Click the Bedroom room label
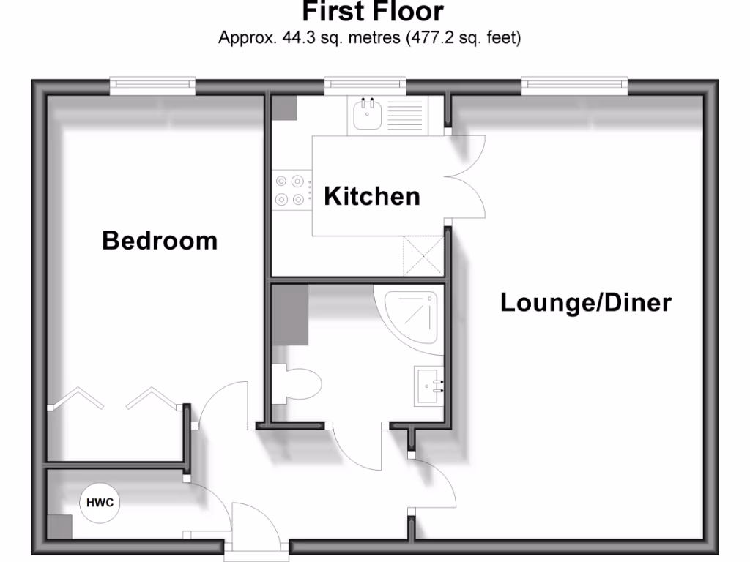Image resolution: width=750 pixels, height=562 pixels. tap(160, 240)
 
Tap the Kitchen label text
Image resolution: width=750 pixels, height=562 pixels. tap(372, 196)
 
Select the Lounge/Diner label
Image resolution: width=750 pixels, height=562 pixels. tap(585, 302)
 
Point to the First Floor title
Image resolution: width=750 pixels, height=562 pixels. tap(372, 12)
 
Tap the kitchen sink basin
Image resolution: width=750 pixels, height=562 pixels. tap(365, 115)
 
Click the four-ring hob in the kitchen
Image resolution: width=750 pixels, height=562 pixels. tap(289, 189)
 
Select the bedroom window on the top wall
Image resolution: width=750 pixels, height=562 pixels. tap(153, 86)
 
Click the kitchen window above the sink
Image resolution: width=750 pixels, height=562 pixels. tap(365, 86)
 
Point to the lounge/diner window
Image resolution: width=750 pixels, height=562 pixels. tap(575, 86)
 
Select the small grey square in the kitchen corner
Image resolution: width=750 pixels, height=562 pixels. tap(285, 109)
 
